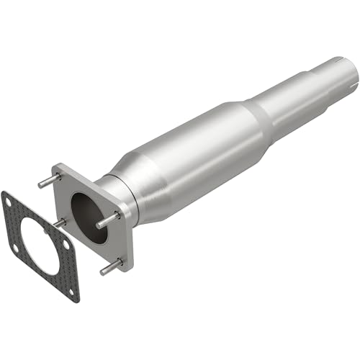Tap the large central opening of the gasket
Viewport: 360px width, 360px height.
pos(40,245)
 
